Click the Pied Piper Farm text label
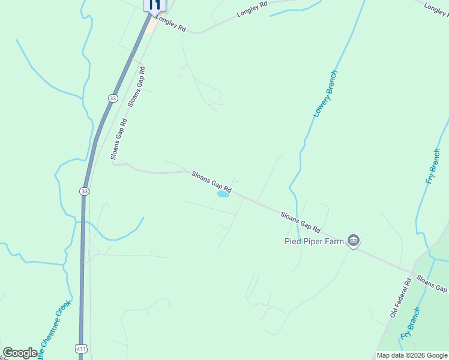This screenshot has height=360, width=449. pos(313,241)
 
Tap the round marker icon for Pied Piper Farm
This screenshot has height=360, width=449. pos(354,241)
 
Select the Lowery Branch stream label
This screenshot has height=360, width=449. pos(325,94)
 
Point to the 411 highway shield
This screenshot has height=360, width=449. pos(81,348)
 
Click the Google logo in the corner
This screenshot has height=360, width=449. pos(20,353)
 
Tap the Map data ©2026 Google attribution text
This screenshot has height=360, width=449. pos(412,355)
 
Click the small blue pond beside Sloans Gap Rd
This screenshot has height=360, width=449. pos(223,194)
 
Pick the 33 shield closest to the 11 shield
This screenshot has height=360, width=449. pos(113,98)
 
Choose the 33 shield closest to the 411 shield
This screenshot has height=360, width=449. pos(84,191)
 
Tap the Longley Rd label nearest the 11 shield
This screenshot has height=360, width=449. pos(172,26)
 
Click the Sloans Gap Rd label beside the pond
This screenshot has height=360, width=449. pos(211,182)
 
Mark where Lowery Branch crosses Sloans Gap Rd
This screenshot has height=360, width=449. pos(294,216)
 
